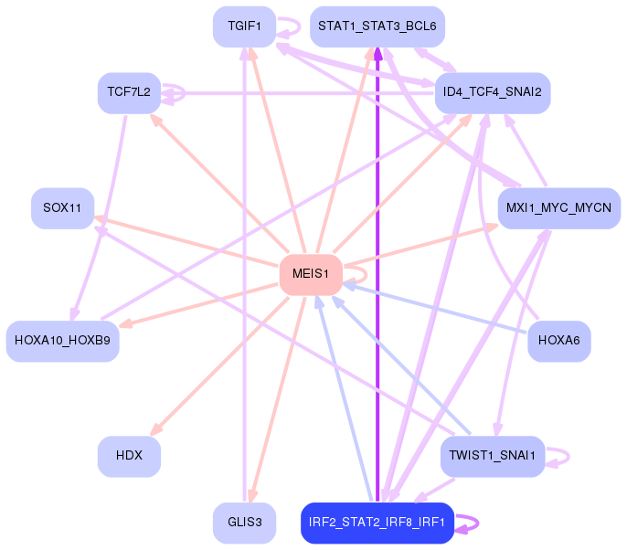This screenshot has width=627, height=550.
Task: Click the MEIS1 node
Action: (x=311, y=275)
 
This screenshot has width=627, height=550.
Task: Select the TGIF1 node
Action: (x=244, y=26)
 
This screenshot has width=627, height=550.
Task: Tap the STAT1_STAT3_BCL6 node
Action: (x=377, y=26)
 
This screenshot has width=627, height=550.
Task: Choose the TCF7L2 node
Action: (x=129, y=93)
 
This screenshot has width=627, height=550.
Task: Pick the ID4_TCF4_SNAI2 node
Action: (x=493, y=93)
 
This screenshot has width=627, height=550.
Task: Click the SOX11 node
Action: (x=63, y=208)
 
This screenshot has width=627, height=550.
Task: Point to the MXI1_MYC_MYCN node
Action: (x=559, y=208)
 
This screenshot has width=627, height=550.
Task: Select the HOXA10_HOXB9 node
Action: (x=63, y=342)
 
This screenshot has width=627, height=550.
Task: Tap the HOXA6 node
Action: (x=559, y=342)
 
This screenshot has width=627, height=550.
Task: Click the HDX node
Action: (x=129, y=457)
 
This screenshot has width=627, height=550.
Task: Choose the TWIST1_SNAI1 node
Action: (x=493, y=457)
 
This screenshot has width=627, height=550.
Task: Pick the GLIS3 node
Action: (x=244, y=523)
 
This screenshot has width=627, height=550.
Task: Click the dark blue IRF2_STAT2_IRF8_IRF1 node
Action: (x=377, y=523)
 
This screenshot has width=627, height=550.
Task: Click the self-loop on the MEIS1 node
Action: (x=366, y=275)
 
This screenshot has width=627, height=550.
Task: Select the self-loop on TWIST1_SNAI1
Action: (x=569, y=457)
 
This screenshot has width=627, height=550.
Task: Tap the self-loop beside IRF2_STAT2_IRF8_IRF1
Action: (x=478, y=523)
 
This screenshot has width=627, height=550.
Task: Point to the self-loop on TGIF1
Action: (x=300, y=26)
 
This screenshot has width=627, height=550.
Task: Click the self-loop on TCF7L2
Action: (x=184, y=93)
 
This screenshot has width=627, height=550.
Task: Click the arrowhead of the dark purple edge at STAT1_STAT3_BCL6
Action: (x=377, y=54)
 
